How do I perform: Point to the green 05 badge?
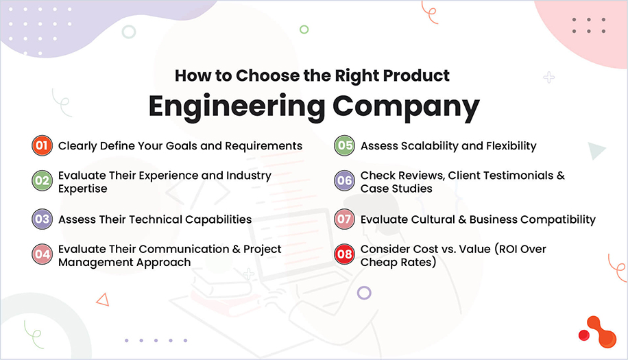pos(344,146)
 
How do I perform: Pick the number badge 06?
pos(344,182)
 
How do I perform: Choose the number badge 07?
pos(344,219)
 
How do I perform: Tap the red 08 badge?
pos(344,255)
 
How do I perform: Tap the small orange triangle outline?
pos(103,299)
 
